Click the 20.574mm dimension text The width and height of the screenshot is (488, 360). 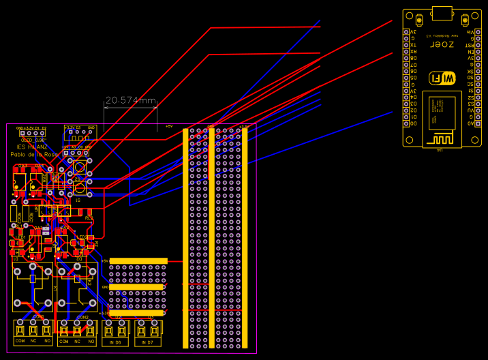click(x=131, y=100)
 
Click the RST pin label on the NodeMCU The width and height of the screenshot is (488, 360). click(x=470, y=45)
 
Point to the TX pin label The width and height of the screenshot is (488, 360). click(x=413, y=45)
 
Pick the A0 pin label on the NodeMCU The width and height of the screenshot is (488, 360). click(x=470, y=123)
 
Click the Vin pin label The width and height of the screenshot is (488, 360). click(x=470, y=32)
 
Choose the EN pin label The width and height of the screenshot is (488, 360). click(x=470, y=52)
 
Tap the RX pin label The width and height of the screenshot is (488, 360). click(x=413, y=52)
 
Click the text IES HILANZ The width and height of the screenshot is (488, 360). click(x=32, y=147)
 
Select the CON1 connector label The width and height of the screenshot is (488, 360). click(x=38, y=318)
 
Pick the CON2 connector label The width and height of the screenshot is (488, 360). click(x=82, y=318)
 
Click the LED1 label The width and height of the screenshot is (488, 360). click(x=20, y=237)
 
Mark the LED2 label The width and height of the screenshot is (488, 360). click(x=81, y=237)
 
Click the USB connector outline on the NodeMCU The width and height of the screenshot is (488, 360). click(x=442, y=13)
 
